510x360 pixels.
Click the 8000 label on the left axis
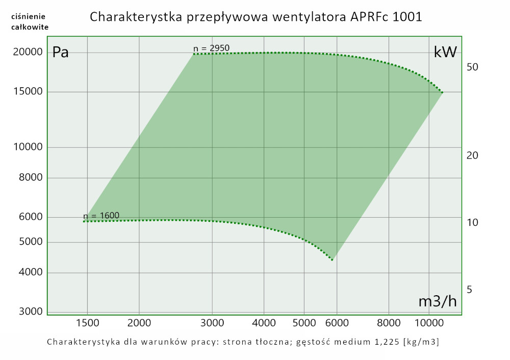[x=30, y=178]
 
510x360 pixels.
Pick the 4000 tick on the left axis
[x=30, y=273]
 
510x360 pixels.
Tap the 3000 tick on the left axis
[x=30, y=312]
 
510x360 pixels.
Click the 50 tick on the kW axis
[x=472, y=67]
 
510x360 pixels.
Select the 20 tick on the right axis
[x=472, y=155]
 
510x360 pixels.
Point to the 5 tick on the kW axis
[x=469, y=290]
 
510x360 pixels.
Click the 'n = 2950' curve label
[x=211, y=48]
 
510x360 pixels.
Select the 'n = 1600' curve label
[x=101, y=215]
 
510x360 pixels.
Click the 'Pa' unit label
[x=61, y=52]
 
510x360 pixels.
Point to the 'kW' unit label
[x=445, y=52]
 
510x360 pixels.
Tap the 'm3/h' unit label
[x=437, y=301]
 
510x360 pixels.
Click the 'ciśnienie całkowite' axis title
[x=30, y=22]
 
